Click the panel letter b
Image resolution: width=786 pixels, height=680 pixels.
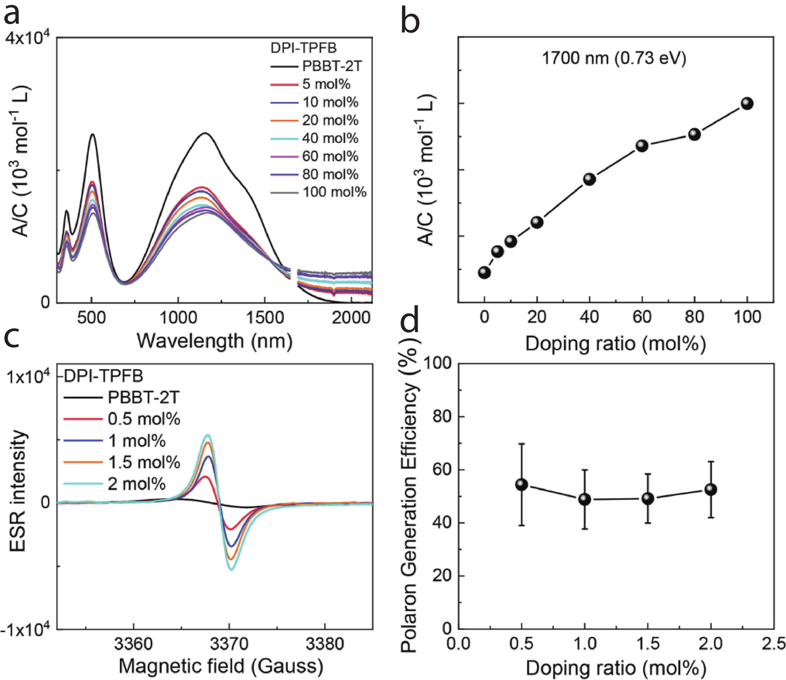pyautogui.click(x=410, y=22)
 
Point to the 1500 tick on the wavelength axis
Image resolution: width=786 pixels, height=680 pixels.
pyautogui.click(x=265, y=317)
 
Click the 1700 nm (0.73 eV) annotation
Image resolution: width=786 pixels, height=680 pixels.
pyautogui.click(x=614, y=58)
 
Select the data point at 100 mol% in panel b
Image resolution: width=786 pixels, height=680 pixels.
pyautogui.click(x=747, y=103)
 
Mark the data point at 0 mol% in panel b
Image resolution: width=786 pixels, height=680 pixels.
pyautogui.click(x=484, y=272)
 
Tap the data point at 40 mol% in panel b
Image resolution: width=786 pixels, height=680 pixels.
pyautogui.click(x=589, y=179)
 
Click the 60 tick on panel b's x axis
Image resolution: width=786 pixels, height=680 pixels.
pyautogui.click(x=642, y=317)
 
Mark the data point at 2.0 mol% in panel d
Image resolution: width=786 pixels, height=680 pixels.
pyautogui.click(x=710, y=489)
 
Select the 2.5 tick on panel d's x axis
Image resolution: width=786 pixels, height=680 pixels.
pyautogui.click(x=774, y=644)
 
